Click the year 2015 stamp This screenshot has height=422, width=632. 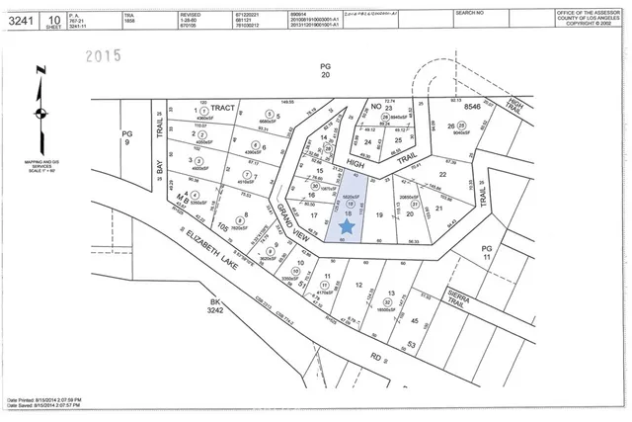pos(101,56)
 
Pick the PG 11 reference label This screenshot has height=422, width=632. pos(486,253)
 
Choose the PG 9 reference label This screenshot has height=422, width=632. pos(126,136)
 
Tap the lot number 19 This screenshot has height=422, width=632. pos(378,214)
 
